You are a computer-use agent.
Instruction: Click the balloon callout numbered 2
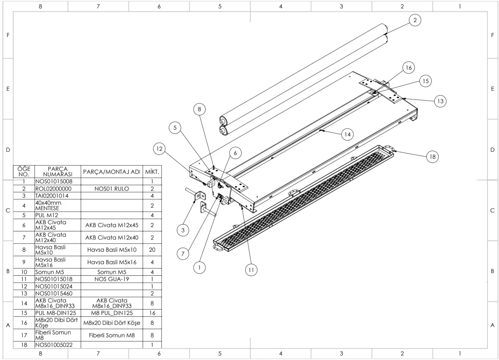pos(415,20)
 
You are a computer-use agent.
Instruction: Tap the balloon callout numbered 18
pos(432,157)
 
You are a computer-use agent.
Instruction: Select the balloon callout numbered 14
pos(347,134)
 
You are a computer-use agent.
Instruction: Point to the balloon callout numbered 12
pos(159,149)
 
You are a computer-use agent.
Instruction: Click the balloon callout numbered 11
pos(251,270)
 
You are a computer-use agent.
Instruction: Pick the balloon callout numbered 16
pos(409,67)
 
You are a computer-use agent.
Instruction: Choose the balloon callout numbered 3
pos(183,230)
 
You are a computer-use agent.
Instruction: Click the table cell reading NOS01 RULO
pos(111,189)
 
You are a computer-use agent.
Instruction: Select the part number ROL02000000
pos(53,189)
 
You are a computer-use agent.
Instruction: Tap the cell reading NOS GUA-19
pos(111,279)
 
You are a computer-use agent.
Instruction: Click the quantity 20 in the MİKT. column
pos(152,250)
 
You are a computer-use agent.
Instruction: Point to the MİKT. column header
pos(152,172)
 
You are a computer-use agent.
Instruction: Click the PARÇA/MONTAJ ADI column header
pos(111,172)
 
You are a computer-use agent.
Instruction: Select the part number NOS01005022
pos(54,345)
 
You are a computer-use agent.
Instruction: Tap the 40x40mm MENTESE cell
pos(48,205)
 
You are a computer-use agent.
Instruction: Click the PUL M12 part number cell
pos(47,215)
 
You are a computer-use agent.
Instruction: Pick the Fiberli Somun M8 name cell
pos(111,335)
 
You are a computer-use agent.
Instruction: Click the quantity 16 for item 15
pos(152,313)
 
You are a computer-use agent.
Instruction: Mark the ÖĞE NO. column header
pos(24,171)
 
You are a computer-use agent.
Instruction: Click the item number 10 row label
pos(24,272)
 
